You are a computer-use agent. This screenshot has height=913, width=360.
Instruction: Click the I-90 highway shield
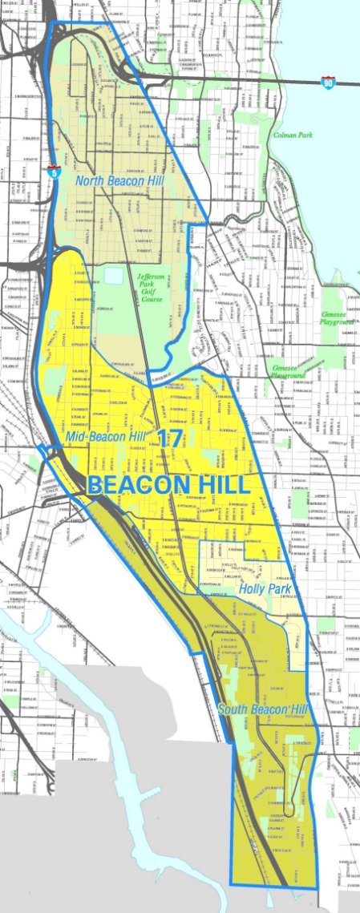pyautogui.click(x=328, y=82)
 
